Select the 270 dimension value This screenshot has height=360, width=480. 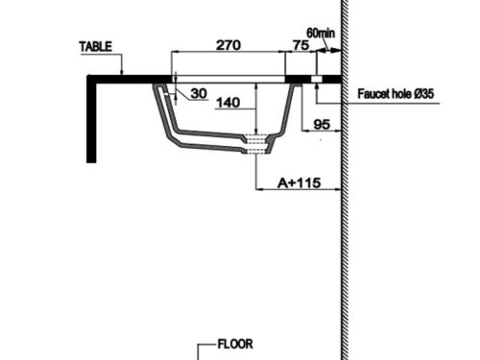click(x=228, y=44)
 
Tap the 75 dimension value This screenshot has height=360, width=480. click(x=300, y=44)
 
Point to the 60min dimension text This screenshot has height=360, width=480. click(x=321, y=33)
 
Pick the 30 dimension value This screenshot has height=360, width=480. click(x=199, y=92)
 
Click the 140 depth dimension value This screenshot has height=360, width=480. click(x=228, y=101)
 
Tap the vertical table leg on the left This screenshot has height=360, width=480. click(x=91, y=120)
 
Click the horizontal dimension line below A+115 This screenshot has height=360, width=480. click(x=299, y=189)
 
